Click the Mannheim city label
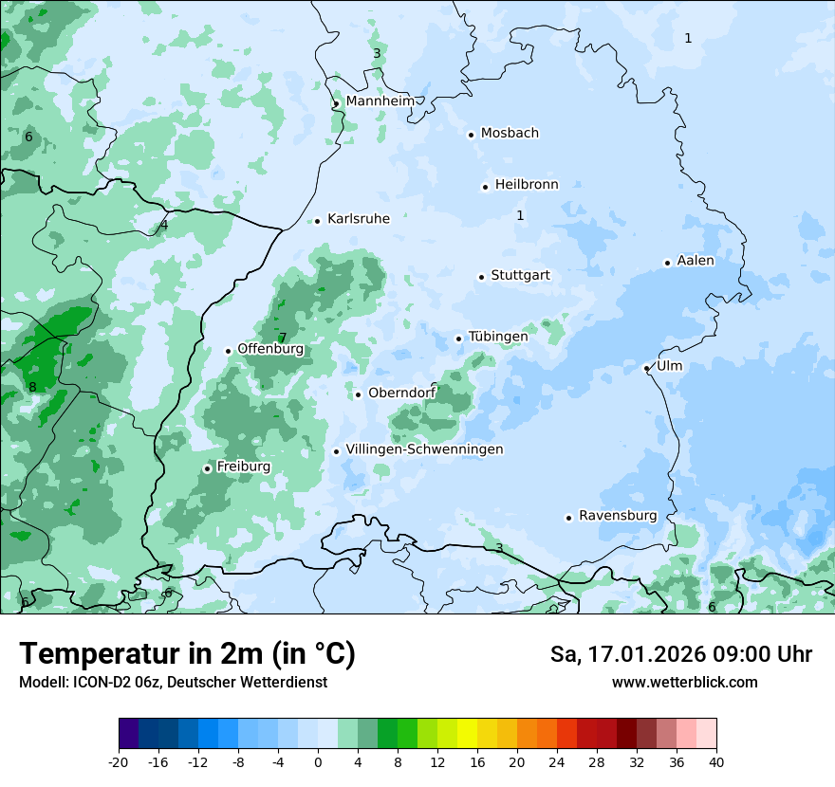click(x=380, y=101)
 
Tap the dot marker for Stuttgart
click(x=482, y=277)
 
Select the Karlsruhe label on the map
click(x=358, y=219)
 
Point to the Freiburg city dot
click(x=207, y=468)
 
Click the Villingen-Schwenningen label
click(x=424, y=449)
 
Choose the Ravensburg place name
click(x=618, y=516)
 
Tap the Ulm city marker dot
click(x=646, y=368)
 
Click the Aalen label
click(x=696, y=261)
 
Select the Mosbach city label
click(x=510, y=134)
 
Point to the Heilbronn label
click(x=527, y=185)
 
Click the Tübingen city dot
click(x=459, y=339)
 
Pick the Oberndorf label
click(x=401, y=393)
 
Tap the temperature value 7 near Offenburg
click(x=282, y=338)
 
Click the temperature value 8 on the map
click(x=32, y=387)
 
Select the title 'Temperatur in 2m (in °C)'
click(x=187, y=654)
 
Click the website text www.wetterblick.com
click(x=684, y=682)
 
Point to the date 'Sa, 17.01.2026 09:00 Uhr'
click(x=680, y=654)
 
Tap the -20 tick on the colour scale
click(x=119, y=762)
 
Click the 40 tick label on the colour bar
click(x=716, y=762)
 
